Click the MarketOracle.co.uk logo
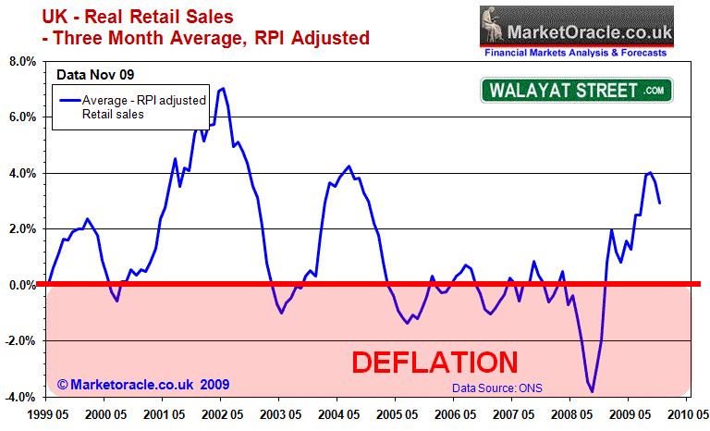(x=574, y=25)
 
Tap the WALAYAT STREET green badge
(x=576, y=90)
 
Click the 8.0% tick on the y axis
(x=22, y=62)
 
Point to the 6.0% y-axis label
(x=22, y=117)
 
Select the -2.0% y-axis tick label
(x=20, y=341)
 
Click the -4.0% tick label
(x=20, y=397)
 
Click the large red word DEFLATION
(x=434, y=361)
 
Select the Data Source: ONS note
(x=496, y=388)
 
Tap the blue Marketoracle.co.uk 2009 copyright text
(x=142, y=384)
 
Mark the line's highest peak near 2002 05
(x=224, y=89)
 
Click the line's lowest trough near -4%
(x=592, y=391)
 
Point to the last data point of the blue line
(x=659, y=203)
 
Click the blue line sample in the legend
(x=68, y=99)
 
